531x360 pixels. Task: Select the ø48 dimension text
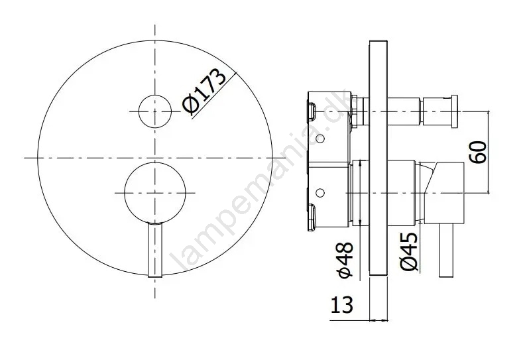(x=346, y=260)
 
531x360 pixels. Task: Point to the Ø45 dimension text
(x=409, y=251)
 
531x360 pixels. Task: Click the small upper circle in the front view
(x=155, y=111)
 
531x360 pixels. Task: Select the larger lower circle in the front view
(x=155, y=193)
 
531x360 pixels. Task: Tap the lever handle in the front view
(x=155, y=250)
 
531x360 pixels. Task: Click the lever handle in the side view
(x=446, y=251)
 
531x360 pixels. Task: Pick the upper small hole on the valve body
(x=320, y=139)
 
